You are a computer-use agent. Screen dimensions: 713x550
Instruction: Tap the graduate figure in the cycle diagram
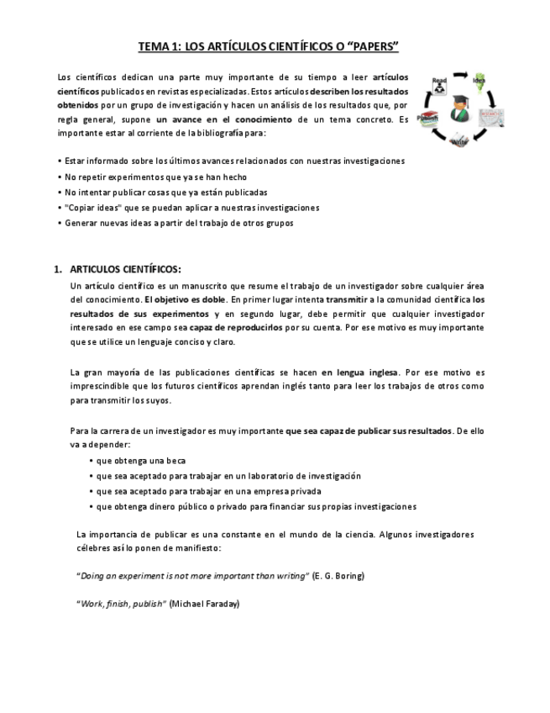point(459,107)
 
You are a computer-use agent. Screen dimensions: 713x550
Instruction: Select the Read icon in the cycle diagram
point(438,86)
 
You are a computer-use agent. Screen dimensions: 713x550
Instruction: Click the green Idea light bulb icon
point(479,82)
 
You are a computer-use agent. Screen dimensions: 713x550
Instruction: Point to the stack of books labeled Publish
point(427,119)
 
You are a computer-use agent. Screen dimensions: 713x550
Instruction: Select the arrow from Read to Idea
point(458,74)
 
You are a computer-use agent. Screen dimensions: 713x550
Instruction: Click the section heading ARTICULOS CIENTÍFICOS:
point(124,270)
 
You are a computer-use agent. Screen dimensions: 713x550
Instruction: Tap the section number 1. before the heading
point(58,270)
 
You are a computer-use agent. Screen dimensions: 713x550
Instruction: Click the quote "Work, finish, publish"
point(122,603)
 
